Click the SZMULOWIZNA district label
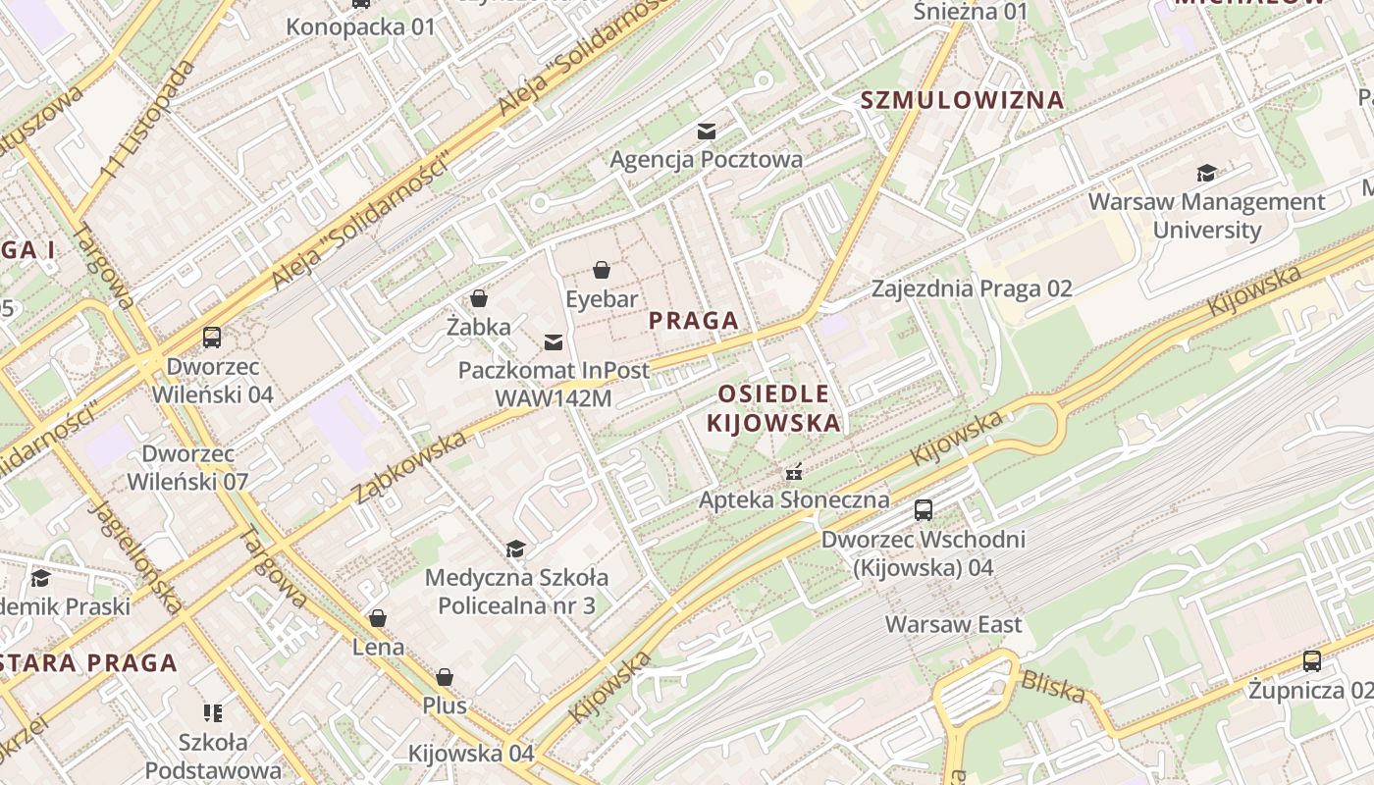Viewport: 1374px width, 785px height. (x=962, y=99)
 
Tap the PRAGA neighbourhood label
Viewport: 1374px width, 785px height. (x=693, y=320)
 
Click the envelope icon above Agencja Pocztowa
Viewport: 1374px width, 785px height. (x=706, y=131)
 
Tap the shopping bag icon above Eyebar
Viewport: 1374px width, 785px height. (x=602, y=270)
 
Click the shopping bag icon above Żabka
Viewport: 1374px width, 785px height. (x=479, y=298)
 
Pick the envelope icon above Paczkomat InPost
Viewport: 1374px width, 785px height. (x=554, y=341)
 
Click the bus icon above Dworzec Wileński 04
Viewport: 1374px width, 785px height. (x=212, y=338)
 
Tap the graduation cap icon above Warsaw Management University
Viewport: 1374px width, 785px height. (x=1206, y=174)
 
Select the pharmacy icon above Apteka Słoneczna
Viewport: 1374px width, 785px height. (x=794, y=472)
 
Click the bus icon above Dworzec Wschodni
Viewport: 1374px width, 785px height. (x=924, y=510)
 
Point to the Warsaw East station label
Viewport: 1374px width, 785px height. (x=953, y=624)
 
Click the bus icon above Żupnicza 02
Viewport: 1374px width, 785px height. (x=1312, y=661)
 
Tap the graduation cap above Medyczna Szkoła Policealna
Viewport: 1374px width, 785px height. (x=515, y=549)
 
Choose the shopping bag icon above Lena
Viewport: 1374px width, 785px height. (x=378, y=618)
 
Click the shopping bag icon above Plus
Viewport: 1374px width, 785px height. (x=445, y=677)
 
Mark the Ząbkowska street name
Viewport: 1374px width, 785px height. (x=409, y=467)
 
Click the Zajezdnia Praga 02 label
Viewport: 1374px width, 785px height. (x=972, y=288)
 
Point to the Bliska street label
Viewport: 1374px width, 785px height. (x=1053, y=686)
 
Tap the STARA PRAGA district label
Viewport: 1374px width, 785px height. (x=88, y=662)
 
